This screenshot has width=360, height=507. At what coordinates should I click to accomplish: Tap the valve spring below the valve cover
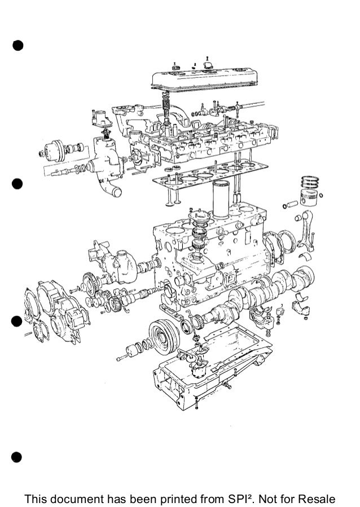(166, 105)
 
